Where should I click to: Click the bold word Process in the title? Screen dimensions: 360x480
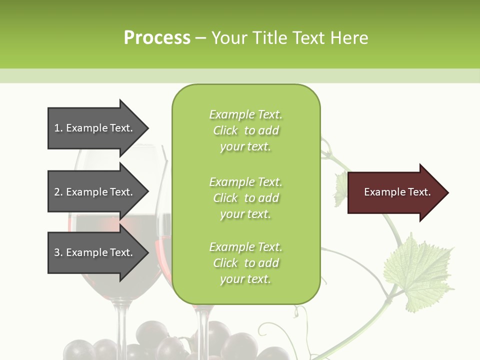(157, 37)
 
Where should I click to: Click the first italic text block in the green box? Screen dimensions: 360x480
(245, 130)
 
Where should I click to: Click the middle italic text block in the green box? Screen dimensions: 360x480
(245, 198)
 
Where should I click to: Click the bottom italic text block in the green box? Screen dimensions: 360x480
(245, 263)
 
